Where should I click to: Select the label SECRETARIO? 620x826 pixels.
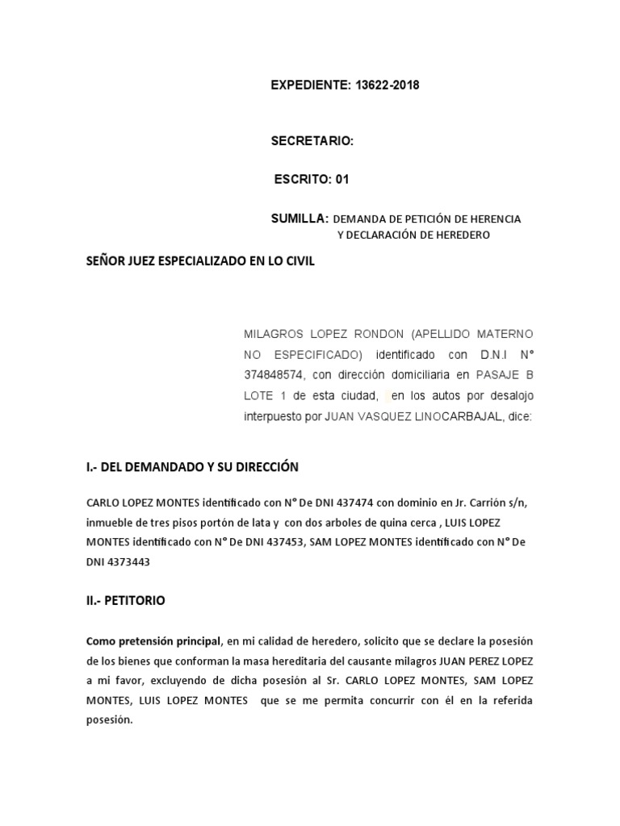point(312,141)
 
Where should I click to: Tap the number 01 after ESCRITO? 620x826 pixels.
point(341,180)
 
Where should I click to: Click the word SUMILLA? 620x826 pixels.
point(300,219)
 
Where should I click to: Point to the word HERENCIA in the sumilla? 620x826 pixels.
point(492,219)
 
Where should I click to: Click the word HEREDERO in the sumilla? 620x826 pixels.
point(460,236)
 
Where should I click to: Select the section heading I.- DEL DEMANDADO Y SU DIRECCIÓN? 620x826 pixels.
point(192,467)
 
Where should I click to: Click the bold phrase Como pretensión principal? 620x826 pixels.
point(153,642)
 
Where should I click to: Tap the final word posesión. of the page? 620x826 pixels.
point(108,720)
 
